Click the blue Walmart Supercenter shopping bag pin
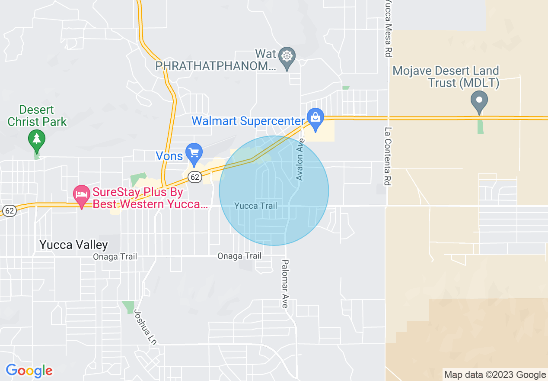coord(315,117)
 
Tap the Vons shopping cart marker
coord(194,152)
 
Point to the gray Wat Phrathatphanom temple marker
coord(287,56)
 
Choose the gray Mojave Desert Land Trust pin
coord(479,100)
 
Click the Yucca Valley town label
coord(73,245)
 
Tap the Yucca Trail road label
coord(255,206)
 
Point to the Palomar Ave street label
coord(285,284)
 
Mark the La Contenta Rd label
coord(388,156)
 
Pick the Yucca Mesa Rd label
coord(388,28)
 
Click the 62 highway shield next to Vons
coord(195,177)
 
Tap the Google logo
coord(29,371)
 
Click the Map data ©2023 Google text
coord(495,375)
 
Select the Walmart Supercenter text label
coord(248,121)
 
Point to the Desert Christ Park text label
coord(37,116)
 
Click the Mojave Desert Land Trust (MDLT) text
coord(446,77)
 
